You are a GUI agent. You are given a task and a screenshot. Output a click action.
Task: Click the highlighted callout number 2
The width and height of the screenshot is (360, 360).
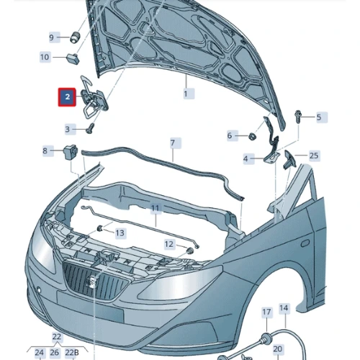tap(67, 97)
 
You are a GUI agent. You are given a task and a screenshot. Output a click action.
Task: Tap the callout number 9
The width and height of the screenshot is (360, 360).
tap(52, 37)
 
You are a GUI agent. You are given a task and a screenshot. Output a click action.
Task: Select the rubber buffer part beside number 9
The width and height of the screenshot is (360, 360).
tap(75, 37)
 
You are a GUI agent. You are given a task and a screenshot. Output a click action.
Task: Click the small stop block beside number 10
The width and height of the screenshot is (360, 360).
tap(73, 59)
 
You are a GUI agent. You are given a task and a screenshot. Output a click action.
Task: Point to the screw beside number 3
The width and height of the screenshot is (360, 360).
tap(90, 128)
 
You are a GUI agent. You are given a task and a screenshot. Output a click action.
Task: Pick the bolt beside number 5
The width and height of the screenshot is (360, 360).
tap(298, 116)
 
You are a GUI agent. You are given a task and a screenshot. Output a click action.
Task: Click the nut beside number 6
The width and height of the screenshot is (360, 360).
tap(252, 137)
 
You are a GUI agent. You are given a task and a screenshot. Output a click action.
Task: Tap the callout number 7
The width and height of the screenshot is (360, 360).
tap(173, 143)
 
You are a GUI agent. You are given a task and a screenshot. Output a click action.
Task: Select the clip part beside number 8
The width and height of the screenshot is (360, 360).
tap(70, 152)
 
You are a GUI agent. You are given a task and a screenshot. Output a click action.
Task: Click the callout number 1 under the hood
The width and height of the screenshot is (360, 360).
tap(186, 94)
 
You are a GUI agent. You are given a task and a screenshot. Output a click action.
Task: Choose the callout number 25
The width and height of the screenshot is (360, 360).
tap(314, 156)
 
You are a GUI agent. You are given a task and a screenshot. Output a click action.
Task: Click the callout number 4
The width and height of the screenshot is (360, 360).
tap(246, 158)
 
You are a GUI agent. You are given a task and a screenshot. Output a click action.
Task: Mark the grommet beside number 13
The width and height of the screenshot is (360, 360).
tap(100, 228)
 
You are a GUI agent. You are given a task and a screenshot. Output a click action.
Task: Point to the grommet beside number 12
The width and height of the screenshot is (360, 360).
tap(190, 251)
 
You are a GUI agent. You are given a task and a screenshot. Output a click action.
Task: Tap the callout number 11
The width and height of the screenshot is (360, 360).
tap(156, 208)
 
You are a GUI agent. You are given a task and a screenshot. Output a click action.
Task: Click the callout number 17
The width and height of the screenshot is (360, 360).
tap(266, 312)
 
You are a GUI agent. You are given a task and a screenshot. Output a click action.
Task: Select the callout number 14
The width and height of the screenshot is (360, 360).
tap(284, 308)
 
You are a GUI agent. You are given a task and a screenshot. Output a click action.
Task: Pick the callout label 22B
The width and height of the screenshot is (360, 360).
tap(72, 353)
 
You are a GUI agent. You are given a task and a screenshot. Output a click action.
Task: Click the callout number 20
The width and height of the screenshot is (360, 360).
tap(277, 348)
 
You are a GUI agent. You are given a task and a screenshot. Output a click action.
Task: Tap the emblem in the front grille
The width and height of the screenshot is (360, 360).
tap(92, 281)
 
